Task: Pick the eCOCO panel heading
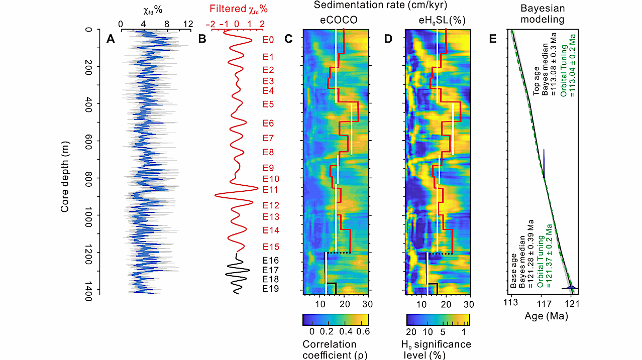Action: pos(335,22)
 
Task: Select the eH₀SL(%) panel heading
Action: pos(438,22)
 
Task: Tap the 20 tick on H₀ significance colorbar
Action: pos(411,332)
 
